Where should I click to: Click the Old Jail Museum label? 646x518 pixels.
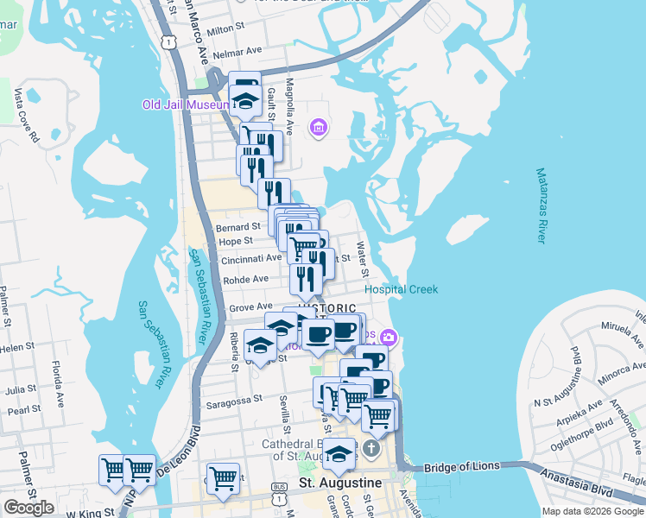click(x=186, y=105)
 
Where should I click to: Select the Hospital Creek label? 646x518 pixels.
click(x=401, y=290)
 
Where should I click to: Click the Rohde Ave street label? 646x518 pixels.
click(x=245, y=279)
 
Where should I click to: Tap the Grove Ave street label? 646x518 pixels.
click(x=251, y=306)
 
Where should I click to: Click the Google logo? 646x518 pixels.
click(x=28, y=508)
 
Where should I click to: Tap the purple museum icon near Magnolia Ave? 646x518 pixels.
click(x=319, y=129)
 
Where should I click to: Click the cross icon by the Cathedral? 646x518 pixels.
click(x=371, y=448)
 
